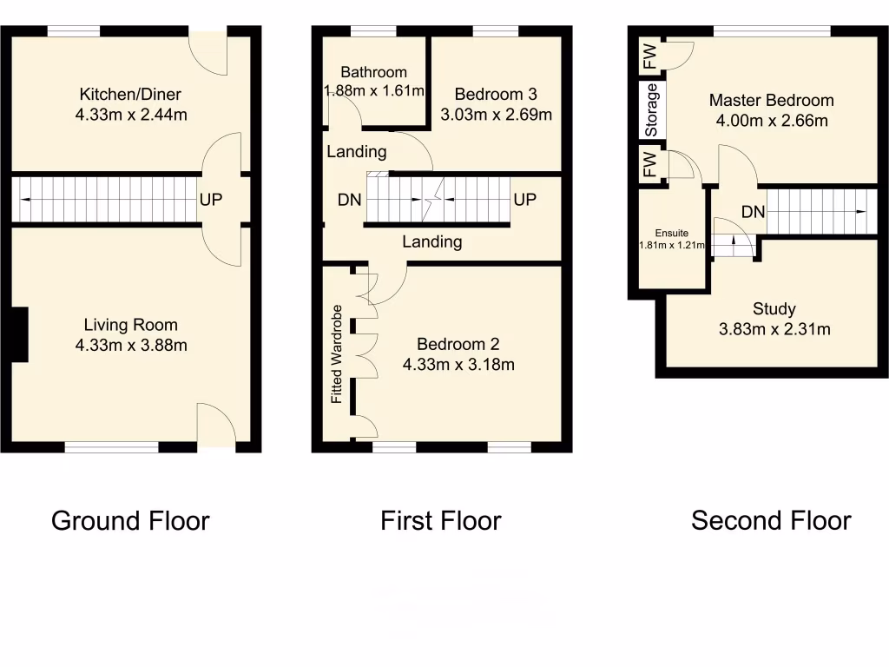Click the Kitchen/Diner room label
tap(130, 95)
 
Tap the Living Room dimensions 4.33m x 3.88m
tap(130, 345)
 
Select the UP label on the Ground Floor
tap(211, 200)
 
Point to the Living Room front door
tap(216, 426)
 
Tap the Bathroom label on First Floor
tap(373, 73)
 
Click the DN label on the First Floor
tap(349, 201)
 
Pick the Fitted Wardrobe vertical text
tap(337, 354)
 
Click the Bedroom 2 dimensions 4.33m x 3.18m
tap(458, 365)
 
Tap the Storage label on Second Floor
tap(652, 110)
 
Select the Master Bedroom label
tap(771, 101)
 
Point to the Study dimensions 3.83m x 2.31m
tap(774, 329)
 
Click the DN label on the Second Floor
tap(753, 212)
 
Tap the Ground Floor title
tap(130, 521)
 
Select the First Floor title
tap(440, 521)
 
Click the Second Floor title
tap(771, 521)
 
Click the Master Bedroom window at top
tap(772, 31)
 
